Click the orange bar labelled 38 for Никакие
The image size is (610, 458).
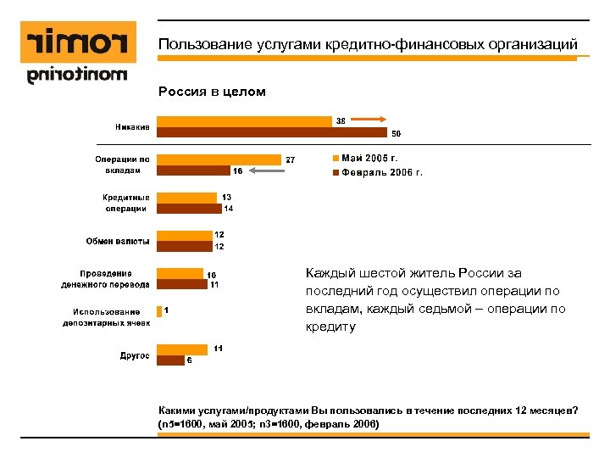pyautogui.click(x=244, y=121)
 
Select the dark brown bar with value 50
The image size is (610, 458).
pyautogui.click(x=271, y=132)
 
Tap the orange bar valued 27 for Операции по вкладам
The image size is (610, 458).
pyautogui.click(x=219, y=159)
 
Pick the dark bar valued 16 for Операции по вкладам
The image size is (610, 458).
pyautogui.click(x=194, y=170)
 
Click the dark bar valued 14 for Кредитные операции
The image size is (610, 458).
pyautogui.click(x=189, y=208)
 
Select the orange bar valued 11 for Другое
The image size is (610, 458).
pyautogui.click(x=182, y=349)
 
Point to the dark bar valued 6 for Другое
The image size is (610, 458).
pyautogui.click(x=170, y=360)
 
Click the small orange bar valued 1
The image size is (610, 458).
pyautogui.click(x=158, y=310)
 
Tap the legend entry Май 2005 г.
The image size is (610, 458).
pyautogui.click(x=369, y=158)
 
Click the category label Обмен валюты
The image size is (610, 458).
pyautogui.click(x=118, y=241)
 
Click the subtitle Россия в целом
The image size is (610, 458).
pyautogui.click(x=212, y=92)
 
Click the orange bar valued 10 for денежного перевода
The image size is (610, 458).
pyautogui.click(x=180, y=274)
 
